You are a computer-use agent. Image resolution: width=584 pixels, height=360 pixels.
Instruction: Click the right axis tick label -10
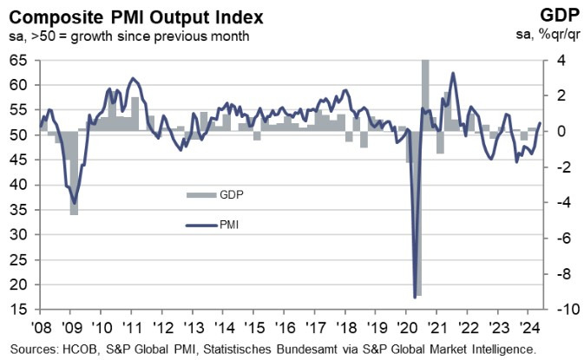[x=561, y=310]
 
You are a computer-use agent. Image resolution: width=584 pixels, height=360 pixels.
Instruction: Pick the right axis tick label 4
[x=559, y=61]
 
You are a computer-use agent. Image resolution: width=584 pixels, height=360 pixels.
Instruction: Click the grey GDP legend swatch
[x=204, y=194]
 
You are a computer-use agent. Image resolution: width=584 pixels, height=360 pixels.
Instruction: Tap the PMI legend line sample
[x=204, y=225]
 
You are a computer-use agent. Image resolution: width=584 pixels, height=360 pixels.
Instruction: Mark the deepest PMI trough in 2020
[x=413, y=298]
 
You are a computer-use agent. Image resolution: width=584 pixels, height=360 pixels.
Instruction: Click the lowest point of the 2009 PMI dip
[x=74, y=202]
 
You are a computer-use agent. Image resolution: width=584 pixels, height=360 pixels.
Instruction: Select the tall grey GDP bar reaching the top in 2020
[x=425, y=95]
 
